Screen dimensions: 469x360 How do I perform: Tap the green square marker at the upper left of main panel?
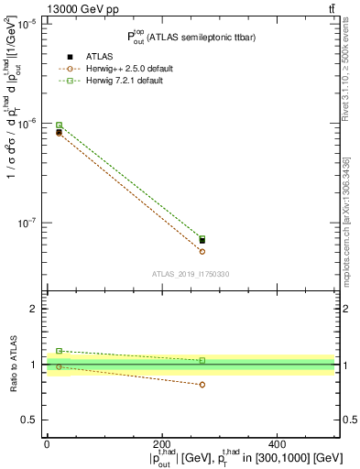59,125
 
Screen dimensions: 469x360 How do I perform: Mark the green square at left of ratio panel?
59,351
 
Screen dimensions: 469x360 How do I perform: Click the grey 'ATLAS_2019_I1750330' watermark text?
191,274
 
